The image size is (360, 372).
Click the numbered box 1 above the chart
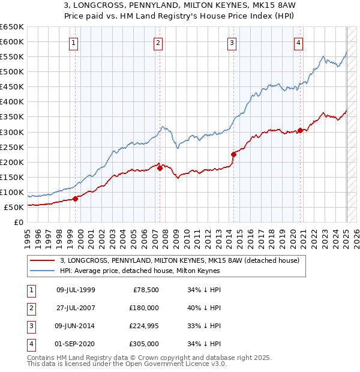tap(73, 43)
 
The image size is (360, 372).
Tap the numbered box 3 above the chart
tap(232, 43)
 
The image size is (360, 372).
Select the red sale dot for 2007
tap(160, 169)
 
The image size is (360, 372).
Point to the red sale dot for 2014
tap(233, 155)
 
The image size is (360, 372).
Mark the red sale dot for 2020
tap(300, 130)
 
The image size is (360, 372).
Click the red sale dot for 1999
tap(75, 199)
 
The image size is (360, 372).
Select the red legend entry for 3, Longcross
tap(183, 260)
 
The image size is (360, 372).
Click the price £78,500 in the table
tap(145, 290)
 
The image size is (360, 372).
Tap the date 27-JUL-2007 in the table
tap(76, 308)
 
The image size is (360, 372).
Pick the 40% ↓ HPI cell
tap(205, 308)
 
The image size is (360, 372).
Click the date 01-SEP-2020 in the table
tap(76, 344)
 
